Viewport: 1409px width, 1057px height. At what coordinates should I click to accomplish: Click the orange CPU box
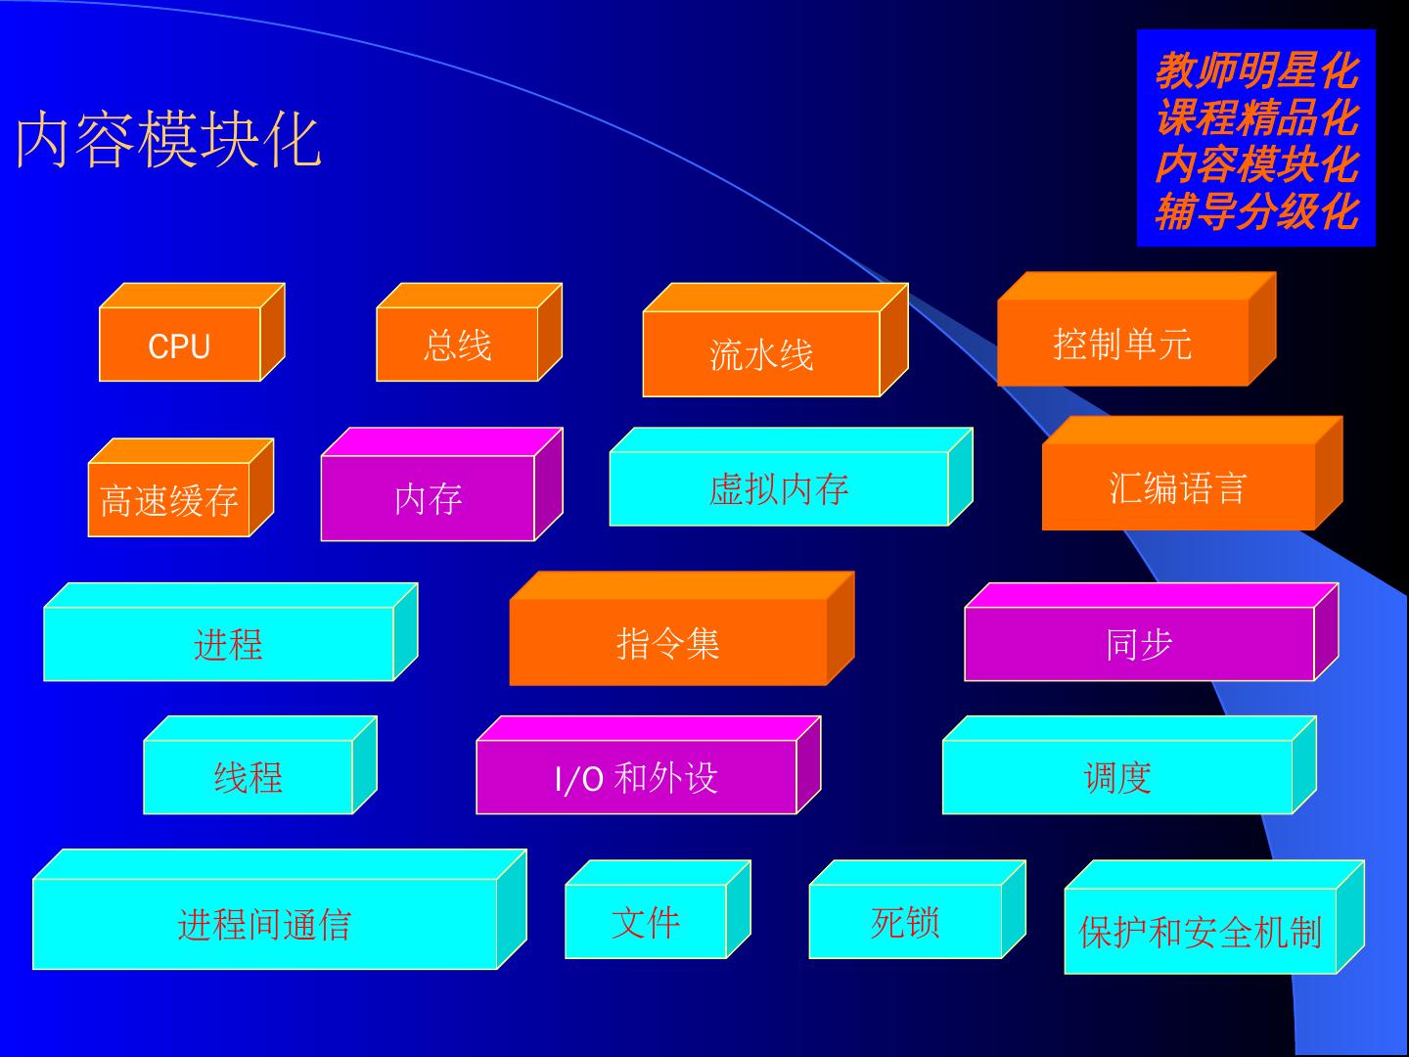pyautogui.click(x=180, y=345)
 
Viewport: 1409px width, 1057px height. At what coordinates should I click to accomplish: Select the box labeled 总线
pyautogui.click(x=457, y=345)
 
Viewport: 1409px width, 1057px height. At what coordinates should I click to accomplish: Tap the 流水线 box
pyautogui.click(x=761, y=353)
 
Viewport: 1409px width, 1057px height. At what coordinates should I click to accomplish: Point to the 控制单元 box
pyautogui.click(x=1122, y=343)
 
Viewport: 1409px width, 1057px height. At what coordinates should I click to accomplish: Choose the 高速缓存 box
pyautogui.click(x=169, y=500)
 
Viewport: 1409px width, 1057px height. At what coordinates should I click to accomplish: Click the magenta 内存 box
pyautogui.click(x=428, y=498)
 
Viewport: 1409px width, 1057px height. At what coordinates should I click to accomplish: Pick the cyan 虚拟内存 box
pyautogui.click(x=779, y=488)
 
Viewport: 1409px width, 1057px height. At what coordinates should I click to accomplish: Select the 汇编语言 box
pyautogui.click(x=1177, y=486)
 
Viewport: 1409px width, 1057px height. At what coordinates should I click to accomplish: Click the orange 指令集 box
pyautogui.click(x=668, y=642)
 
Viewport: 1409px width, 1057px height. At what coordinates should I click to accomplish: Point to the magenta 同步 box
pyautogui.click(x=1139, y=643)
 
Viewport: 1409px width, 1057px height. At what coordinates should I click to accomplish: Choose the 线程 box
pyautogui.click(x=248, y=777)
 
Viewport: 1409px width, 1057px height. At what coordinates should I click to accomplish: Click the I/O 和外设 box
pyautogui.click(x=636, y=777)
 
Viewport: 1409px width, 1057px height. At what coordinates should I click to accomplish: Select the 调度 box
pyautogui.click(x=1117, y=777)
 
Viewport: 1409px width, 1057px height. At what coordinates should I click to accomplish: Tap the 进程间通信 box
pyautogui.click(x=265, y=923)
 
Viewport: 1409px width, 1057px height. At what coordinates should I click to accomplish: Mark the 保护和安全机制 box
pyautogui.click(x=1201, y=931)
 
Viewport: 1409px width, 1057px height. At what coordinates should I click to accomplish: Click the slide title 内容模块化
pyautogui.click(x=168, y=140)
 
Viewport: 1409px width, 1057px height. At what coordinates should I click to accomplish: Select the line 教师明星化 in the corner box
pyautogui.click(x=1256, y=70)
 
